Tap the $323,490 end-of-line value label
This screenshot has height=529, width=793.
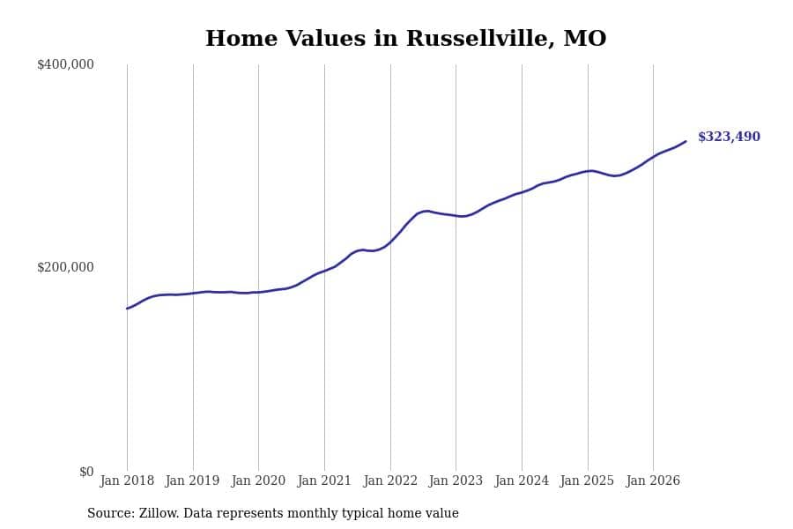[729, 137]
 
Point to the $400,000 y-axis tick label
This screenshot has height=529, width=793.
[65, 64]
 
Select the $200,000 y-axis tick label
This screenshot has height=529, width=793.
[65, 267]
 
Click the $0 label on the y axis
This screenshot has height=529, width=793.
[86, 472]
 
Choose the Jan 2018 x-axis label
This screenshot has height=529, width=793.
[127, 481]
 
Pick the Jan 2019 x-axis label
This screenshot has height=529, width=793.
[193, 481]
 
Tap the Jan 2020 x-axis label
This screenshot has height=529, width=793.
[258, 481]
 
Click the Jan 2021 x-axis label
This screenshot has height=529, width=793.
[324, 481]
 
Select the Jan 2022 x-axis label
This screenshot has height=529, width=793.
[390, 481]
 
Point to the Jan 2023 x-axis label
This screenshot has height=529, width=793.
[456, 481]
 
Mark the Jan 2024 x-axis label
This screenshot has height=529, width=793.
[522, 481]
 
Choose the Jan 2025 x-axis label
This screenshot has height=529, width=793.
[587, 481]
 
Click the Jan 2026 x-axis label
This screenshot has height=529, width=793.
[653, 481]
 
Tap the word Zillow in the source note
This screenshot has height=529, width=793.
[159, 513]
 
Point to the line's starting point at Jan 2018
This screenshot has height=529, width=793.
[127, 309]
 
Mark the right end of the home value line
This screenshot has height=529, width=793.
[686, 141]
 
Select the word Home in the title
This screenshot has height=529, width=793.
[241, 39]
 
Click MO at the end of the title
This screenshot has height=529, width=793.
[585, 39]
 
